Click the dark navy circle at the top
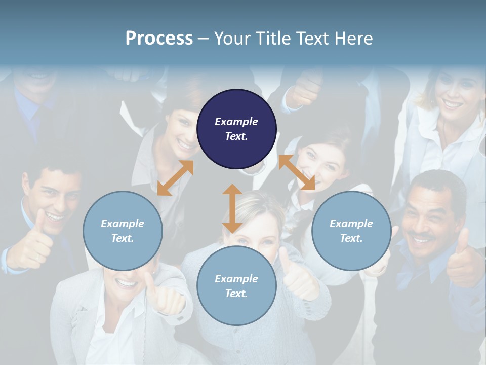pos(236,129)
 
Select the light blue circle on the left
pos(123,231)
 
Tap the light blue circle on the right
pos(351,231)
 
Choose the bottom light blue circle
pos(236,286)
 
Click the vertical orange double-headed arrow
pos(232,208)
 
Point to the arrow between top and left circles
pos(175,177)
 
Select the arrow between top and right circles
pos(297,172)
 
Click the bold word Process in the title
pos(159,38)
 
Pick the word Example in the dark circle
pos(236,122)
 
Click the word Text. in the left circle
pos(123,238)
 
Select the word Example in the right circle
pos(351,224)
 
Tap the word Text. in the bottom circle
pos(236,294)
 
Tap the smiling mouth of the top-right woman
pos(453,104)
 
